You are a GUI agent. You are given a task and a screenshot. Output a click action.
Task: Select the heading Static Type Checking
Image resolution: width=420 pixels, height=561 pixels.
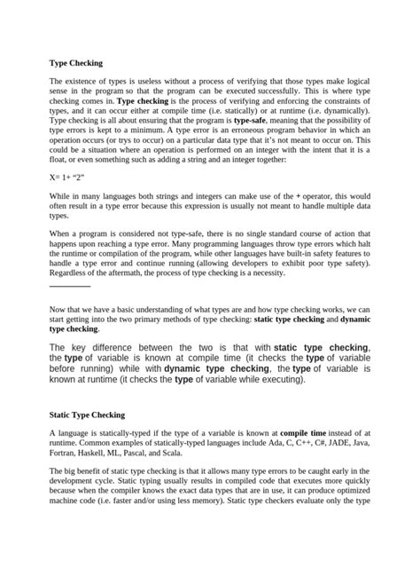86,415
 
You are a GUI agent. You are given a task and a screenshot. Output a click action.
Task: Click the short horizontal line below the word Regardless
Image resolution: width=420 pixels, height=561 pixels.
69,287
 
